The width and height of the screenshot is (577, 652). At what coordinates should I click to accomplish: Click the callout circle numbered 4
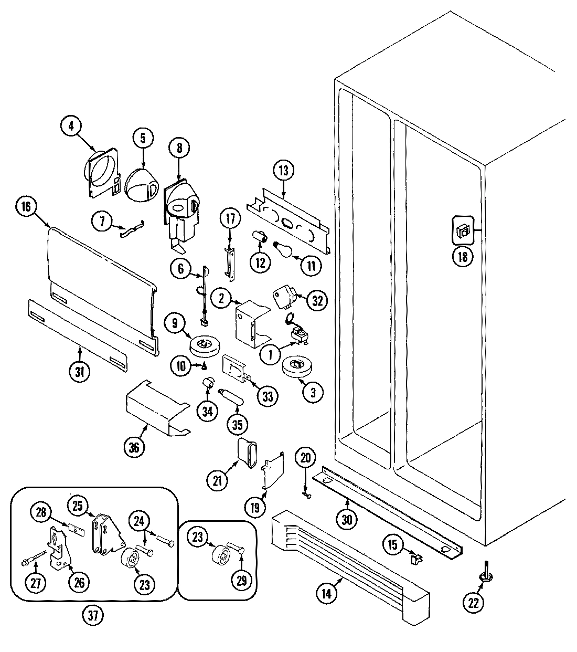pyautogui.click(x=72, y=125)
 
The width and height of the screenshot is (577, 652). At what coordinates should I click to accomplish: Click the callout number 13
pyautogui.click(x=284, y=170)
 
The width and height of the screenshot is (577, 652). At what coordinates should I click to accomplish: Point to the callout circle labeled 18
pyautogui.click(x=463, y=257)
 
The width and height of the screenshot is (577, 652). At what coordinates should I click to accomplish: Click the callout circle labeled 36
pyautogui.click(x=136, y=448)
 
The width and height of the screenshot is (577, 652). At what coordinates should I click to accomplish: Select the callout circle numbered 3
pyautogui.click(x=313, y=392)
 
